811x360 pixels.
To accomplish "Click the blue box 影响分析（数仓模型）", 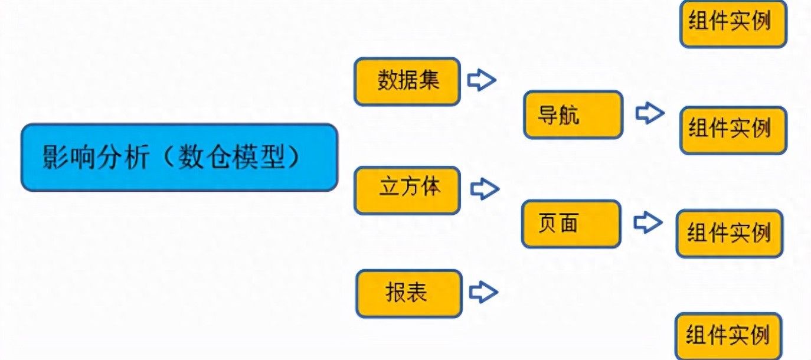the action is tap(179, 157).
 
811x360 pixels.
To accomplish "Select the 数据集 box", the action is tap(407, 81).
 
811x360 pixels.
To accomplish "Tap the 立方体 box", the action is tap(407, 190).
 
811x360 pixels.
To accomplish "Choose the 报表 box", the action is tap(409, 294).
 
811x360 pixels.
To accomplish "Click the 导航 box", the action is tap(573, 114).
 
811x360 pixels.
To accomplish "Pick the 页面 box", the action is tap(571, 224).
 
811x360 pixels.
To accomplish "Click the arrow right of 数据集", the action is tap(482, 80).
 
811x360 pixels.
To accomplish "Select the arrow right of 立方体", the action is tap(485, 189).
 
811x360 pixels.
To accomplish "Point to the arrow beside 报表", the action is tap(483, 292).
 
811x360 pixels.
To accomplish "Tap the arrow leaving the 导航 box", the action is tap(650, 113).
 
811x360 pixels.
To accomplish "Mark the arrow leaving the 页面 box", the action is tap(648, 222).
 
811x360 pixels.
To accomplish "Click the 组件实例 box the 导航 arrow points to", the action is tap(734, 130).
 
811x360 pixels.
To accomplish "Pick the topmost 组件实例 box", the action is tap(734, 24).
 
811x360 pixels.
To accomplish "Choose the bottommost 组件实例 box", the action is tap(728, 336).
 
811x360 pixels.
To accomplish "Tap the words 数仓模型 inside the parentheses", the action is tap(231, 157).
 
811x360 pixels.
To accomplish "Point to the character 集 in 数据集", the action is tap(430, 80).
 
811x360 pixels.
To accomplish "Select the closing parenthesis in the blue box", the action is tap(294, 157).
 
